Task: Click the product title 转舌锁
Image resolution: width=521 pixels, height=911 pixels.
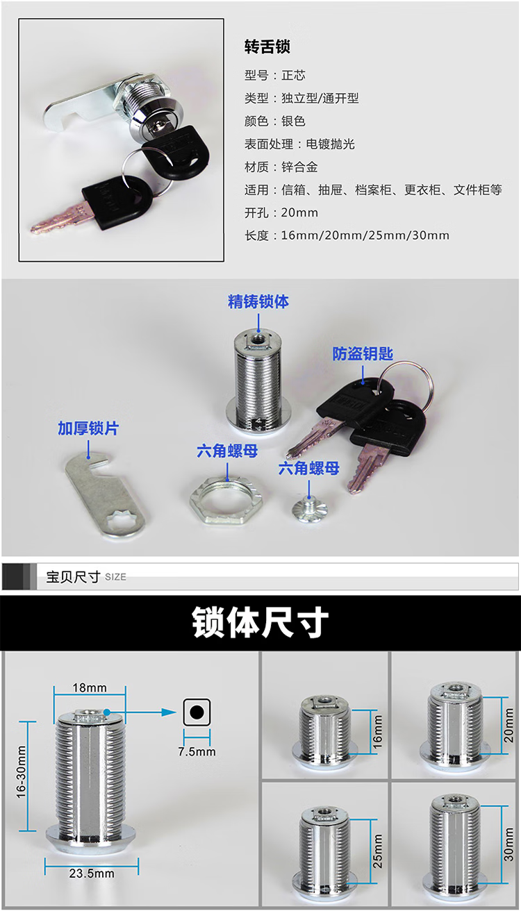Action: tap(267, 47)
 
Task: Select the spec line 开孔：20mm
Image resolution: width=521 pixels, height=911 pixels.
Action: tap(281, 212)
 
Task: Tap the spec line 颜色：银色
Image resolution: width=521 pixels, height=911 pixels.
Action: tap(275, 121)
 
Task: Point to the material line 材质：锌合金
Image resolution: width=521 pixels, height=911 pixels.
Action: tap(281, 167)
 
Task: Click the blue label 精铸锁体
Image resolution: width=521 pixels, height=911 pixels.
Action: tap(258, 302)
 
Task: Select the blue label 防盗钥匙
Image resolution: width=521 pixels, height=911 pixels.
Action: tap(363, 353)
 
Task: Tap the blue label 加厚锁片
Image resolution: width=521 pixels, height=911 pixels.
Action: tap(88, 428)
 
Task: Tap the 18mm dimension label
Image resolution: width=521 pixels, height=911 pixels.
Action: tap(90, 687)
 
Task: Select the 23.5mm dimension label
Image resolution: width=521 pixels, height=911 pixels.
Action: tap(92, 874)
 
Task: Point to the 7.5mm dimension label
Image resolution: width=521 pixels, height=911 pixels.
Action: tap(197, 751)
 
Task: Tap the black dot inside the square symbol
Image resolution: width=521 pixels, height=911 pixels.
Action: tap(197, 712)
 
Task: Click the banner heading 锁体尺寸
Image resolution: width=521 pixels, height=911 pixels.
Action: tap(260, 622)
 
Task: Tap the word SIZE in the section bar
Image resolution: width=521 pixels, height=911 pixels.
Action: tap(115, 577)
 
